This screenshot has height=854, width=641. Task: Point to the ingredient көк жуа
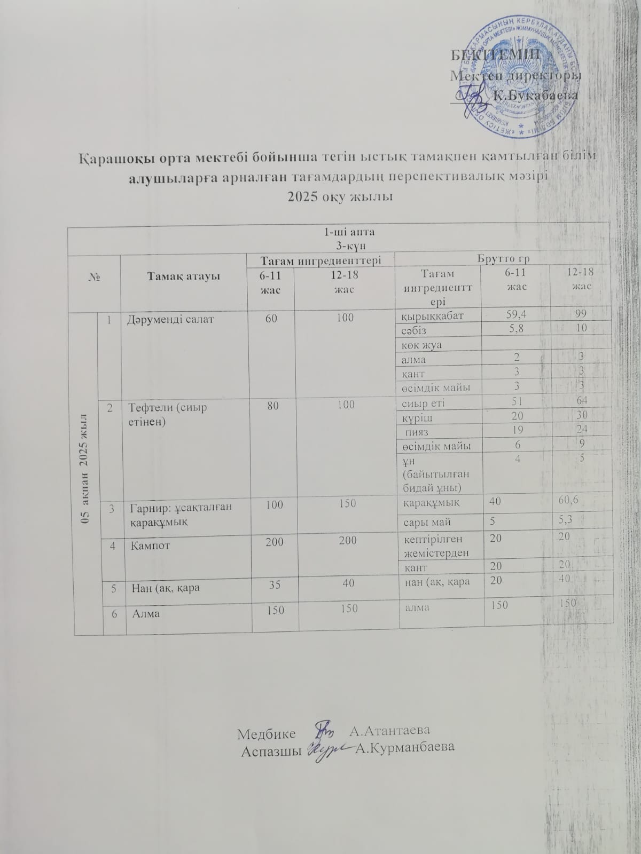[421, 345]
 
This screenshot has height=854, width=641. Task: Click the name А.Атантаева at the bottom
[389, 730]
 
